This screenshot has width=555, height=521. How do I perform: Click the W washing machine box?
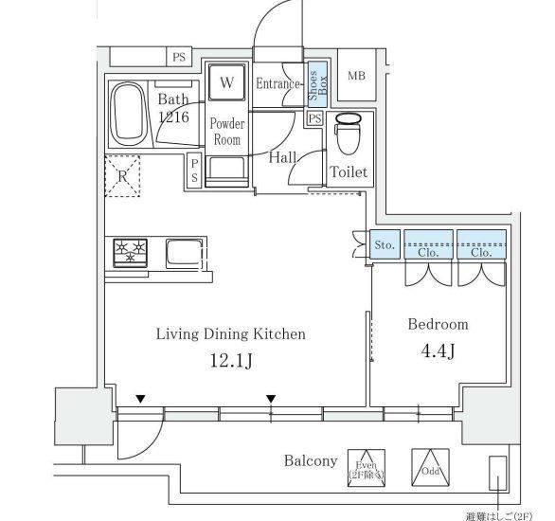coord(226,82)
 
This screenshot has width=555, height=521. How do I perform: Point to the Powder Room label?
coord(226,132)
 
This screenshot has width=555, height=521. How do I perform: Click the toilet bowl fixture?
coord(348,135)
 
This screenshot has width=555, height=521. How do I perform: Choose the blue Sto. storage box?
coord(384,244)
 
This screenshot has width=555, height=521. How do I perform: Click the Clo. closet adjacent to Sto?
coord(428,244)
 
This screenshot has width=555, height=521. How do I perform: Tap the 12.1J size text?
coord(230,361)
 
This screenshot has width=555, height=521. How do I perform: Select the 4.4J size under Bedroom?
coord(438,352)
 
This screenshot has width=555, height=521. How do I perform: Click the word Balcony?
coord(311,461)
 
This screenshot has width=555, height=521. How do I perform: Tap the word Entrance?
coord(278,84)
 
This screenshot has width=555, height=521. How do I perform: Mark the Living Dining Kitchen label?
coord(230,333)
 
